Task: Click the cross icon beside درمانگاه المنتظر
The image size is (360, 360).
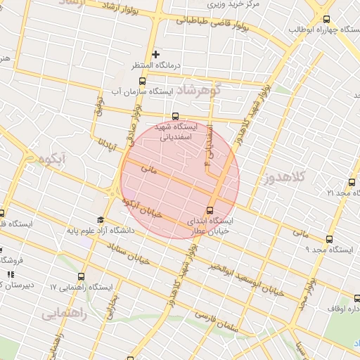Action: coord(156,54)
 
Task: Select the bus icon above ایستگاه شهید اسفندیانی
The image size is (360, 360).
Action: coord(175,117)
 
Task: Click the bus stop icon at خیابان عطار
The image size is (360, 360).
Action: coord(210,210)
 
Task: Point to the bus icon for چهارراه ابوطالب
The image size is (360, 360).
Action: coord(327,20)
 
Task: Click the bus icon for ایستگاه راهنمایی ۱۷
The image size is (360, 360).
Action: coord(82,277)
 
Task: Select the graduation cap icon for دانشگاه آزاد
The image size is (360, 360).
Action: coord(100,220)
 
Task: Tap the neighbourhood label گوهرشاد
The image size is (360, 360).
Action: coord(198,90)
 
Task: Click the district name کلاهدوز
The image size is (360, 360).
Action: coord(288,177)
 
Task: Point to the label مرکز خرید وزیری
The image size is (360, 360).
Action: coord(236,4)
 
